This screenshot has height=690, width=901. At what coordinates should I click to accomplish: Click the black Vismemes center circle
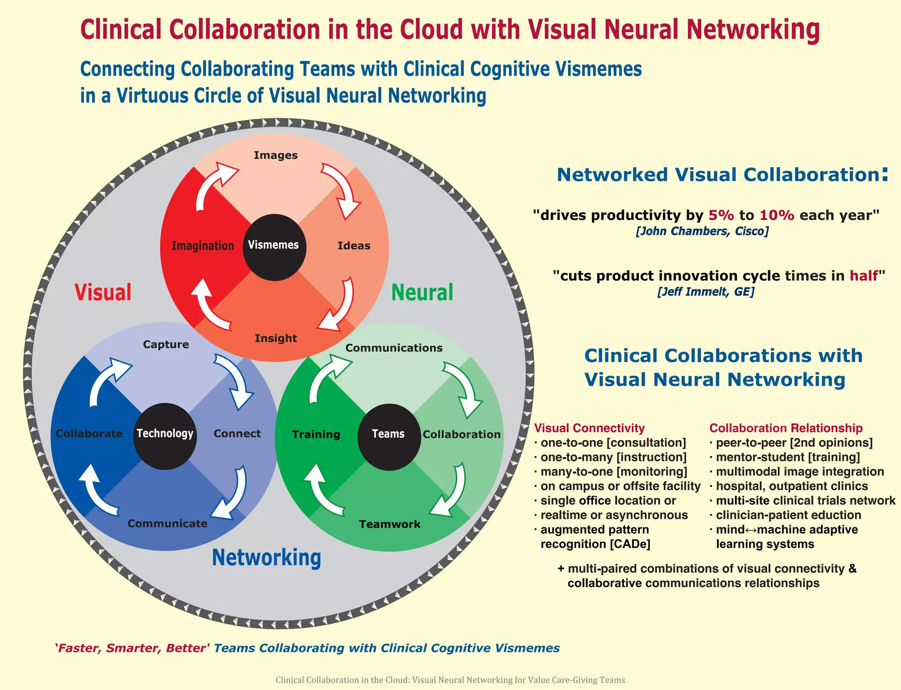pos(274,247)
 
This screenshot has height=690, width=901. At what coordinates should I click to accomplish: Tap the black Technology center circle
pos(165,436)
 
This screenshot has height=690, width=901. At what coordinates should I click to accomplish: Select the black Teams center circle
pos(389,436)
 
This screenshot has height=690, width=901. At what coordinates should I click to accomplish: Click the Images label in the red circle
pos(276,155)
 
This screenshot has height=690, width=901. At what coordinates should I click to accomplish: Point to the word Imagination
pos(203,245)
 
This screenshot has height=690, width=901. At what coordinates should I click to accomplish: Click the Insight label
pos(276,338)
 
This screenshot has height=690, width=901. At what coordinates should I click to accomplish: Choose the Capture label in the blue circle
pos(166,344)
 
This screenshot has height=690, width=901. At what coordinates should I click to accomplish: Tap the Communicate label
pos(168,523)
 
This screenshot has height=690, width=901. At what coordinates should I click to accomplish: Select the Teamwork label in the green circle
pos(390,524)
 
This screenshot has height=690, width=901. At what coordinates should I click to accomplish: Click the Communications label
pos(394,348)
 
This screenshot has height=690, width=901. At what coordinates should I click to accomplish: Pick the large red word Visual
pos(103,292)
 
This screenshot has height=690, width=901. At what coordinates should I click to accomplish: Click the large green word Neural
pos(422,292)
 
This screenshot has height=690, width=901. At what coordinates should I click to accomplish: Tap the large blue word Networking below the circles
pos(267,558)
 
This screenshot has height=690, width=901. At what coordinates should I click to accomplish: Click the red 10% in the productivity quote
pos(776,215)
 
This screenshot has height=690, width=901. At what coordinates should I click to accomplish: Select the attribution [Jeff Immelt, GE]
pos(706,292)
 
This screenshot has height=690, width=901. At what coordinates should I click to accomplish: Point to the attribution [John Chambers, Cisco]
pos(702,231)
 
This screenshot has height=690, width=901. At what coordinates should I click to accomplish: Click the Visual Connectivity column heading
pos(589,428)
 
